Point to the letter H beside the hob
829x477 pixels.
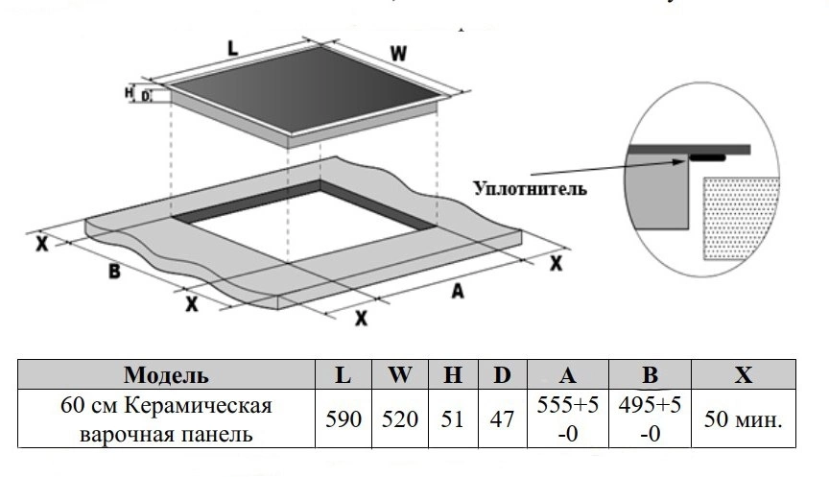(130, 93)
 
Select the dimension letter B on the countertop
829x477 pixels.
(113, 272)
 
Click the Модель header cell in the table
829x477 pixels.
(167, 374)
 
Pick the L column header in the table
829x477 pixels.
(343, 374)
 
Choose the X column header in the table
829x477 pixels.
(744, 374)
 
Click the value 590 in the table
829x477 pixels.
(343, 419)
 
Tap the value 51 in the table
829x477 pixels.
(452, 419)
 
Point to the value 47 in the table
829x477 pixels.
(502, 419)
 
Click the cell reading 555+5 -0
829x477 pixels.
(566, 419)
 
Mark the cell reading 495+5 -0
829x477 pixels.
(649, 419)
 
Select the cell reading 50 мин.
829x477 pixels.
(744, 419)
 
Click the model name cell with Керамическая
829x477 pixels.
(167, 419)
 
